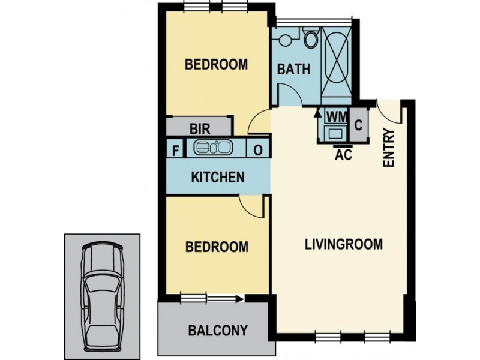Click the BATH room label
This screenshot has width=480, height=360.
tap(293, 69)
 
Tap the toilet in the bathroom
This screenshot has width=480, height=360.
tap(311, 40)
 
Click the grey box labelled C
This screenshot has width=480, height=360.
tap(358, 125)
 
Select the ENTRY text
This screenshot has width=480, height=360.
tap(388, 148)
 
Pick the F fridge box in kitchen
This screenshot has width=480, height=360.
tap(176, 149)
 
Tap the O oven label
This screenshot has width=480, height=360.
tap(257, 150)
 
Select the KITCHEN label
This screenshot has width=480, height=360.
tap(217, 177)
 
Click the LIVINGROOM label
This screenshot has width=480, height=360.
tap(343, 245)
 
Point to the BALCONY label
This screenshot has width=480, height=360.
tap(218, 331)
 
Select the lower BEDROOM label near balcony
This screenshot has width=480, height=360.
tap(216, 247)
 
